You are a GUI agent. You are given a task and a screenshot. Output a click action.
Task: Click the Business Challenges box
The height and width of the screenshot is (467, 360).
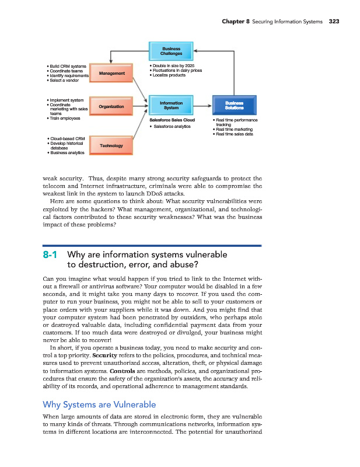click(171, 50)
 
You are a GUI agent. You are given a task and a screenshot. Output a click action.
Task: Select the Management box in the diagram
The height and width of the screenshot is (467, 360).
click(111, 73)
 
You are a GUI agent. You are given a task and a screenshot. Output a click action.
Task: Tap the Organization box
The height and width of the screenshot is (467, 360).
click(111, 106)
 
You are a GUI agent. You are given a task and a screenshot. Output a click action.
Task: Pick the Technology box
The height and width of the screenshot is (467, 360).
click(111, 145)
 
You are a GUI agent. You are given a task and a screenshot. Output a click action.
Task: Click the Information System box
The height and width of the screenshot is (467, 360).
click(171, 106)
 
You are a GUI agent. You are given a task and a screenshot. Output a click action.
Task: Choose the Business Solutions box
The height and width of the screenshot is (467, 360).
click(233, 106)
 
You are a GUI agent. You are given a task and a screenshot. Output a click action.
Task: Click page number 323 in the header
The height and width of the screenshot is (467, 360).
click(334, 22)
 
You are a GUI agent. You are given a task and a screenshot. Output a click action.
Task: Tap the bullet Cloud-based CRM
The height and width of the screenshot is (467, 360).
click(65, 138)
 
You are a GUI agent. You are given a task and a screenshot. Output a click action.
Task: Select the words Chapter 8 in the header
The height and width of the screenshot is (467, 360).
click(236, 22)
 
